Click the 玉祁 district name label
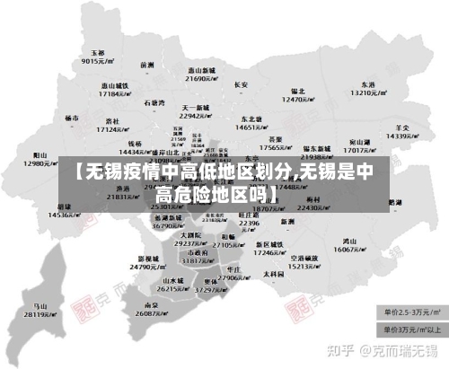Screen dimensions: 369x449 click(93, 53)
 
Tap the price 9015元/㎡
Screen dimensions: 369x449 click(94, 62)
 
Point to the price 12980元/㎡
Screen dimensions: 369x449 click(42, 163)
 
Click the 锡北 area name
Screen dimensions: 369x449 click(299, 91)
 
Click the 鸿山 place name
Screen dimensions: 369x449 click(349, 241)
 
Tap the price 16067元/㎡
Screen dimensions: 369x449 click(351, 250)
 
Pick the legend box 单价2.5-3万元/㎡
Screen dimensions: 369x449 click(411, 312)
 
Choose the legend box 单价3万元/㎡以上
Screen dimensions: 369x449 click(411, 329)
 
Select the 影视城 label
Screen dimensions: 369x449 click(145, 257)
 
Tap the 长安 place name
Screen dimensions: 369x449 click(241, 84)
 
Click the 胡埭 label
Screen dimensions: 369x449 click(65, 206)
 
